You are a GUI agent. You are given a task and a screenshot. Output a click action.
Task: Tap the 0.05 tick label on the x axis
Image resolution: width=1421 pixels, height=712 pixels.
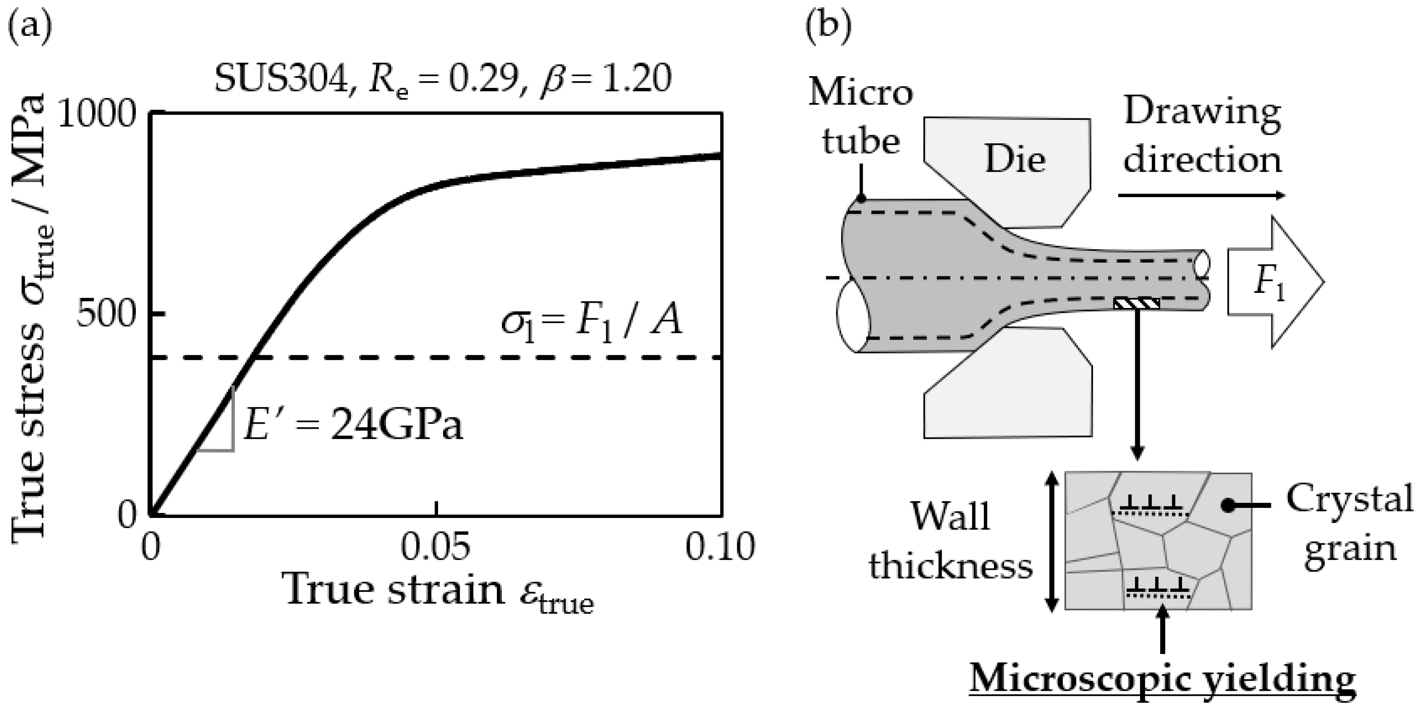436,547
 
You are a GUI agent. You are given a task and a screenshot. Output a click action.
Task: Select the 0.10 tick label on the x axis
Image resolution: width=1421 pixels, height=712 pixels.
720,547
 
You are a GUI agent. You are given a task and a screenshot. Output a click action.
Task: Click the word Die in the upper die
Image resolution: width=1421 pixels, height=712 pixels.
1015,160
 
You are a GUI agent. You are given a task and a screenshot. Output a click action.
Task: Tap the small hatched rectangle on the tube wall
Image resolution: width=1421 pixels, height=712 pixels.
1136,303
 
